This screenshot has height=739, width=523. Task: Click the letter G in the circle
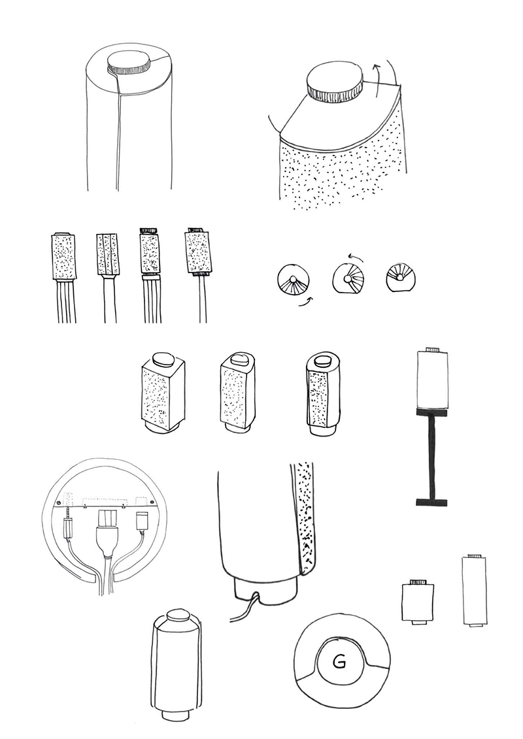[x=339, y=662]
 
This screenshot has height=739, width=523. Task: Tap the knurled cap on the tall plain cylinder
[x=128, y=63]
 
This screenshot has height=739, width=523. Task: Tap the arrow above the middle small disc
[x=356, y=256]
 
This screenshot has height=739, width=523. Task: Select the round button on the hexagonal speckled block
[x=323, y=361]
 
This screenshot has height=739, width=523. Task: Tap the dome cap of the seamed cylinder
[x=177, y=616]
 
